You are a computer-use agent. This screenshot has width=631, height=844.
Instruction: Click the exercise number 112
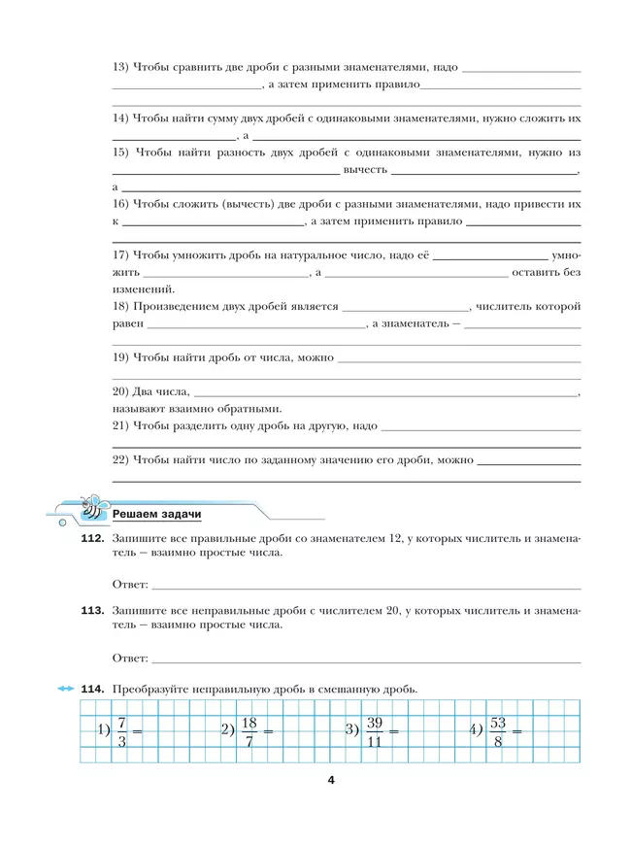pos(92,537)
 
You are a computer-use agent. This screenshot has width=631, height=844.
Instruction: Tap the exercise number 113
pos(92,610)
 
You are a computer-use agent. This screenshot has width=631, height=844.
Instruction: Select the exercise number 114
pos(92,689)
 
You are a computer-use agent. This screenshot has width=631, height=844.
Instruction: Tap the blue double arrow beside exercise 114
pos(65,689)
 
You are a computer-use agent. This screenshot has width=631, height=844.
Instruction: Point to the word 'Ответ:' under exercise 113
pos(130,658)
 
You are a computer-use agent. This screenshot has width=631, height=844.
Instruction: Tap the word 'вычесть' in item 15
pos(365,169)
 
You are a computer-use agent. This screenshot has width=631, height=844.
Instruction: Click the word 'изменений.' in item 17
pos(144,289)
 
